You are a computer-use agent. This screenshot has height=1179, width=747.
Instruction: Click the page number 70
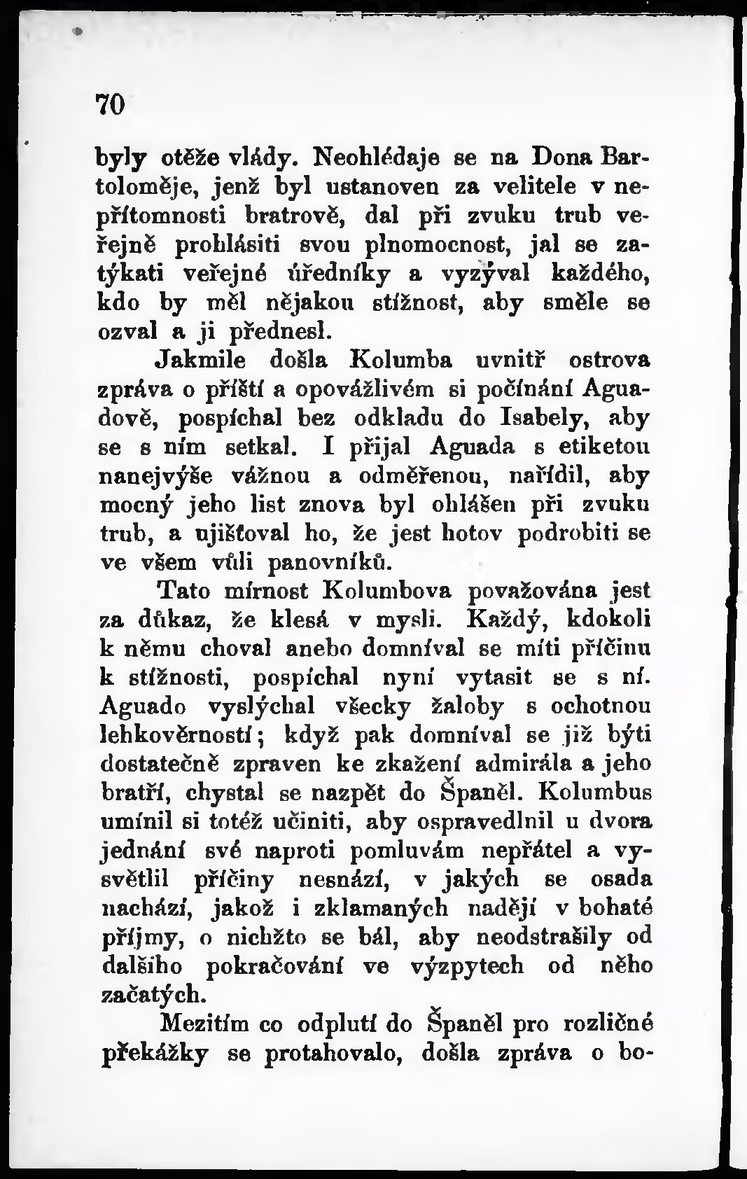[110, 104]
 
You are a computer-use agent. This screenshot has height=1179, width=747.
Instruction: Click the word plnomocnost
[435, 245]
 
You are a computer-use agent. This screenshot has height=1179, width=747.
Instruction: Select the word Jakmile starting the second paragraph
[204, 360]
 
